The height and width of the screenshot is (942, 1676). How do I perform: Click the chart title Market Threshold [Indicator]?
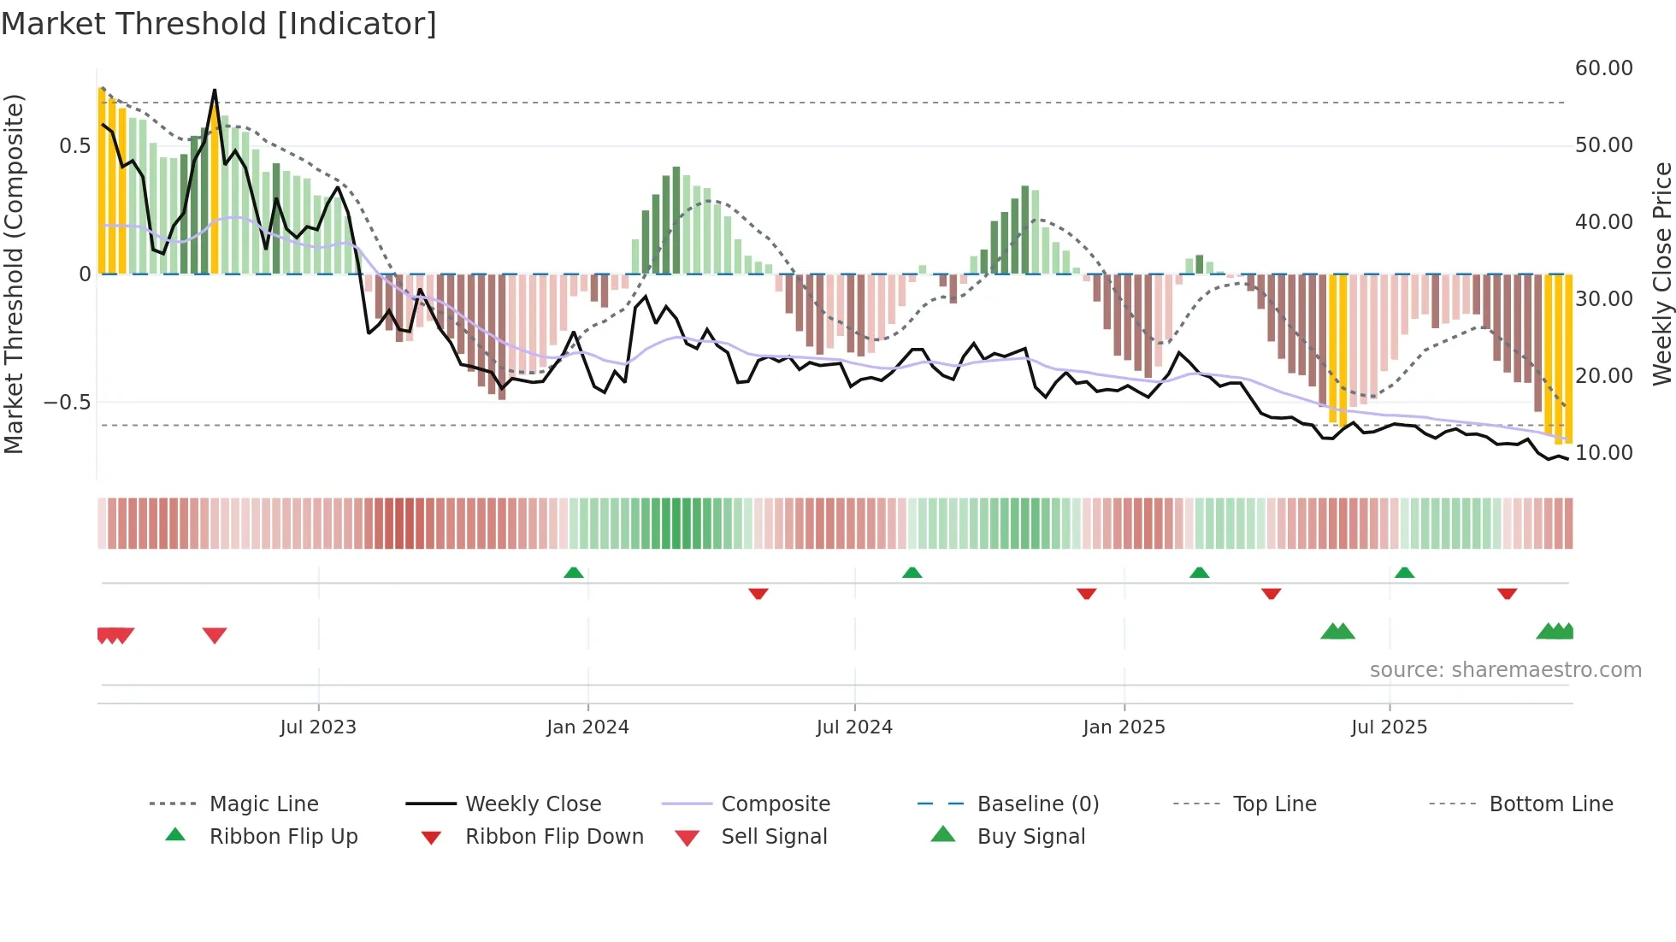219,24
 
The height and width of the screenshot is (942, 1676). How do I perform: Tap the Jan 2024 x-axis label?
587,727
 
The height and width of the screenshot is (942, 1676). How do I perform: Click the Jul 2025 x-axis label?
1389,727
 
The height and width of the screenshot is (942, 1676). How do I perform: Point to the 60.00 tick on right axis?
1603,68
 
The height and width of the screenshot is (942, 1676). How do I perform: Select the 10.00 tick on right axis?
1603,452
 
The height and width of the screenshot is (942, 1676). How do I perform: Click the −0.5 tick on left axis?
67,402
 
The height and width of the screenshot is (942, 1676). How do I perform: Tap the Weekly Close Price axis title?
1661,274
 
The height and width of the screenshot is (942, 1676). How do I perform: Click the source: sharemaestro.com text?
1505,669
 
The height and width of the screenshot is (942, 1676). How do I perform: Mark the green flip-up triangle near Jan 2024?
574,573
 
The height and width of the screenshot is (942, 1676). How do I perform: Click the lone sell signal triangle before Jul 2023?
215,635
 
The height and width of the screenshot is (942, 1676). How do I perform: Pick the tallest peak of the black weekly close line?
215,90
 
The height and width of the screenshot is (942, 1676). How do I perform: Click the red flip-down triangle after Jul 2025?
1507,593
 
